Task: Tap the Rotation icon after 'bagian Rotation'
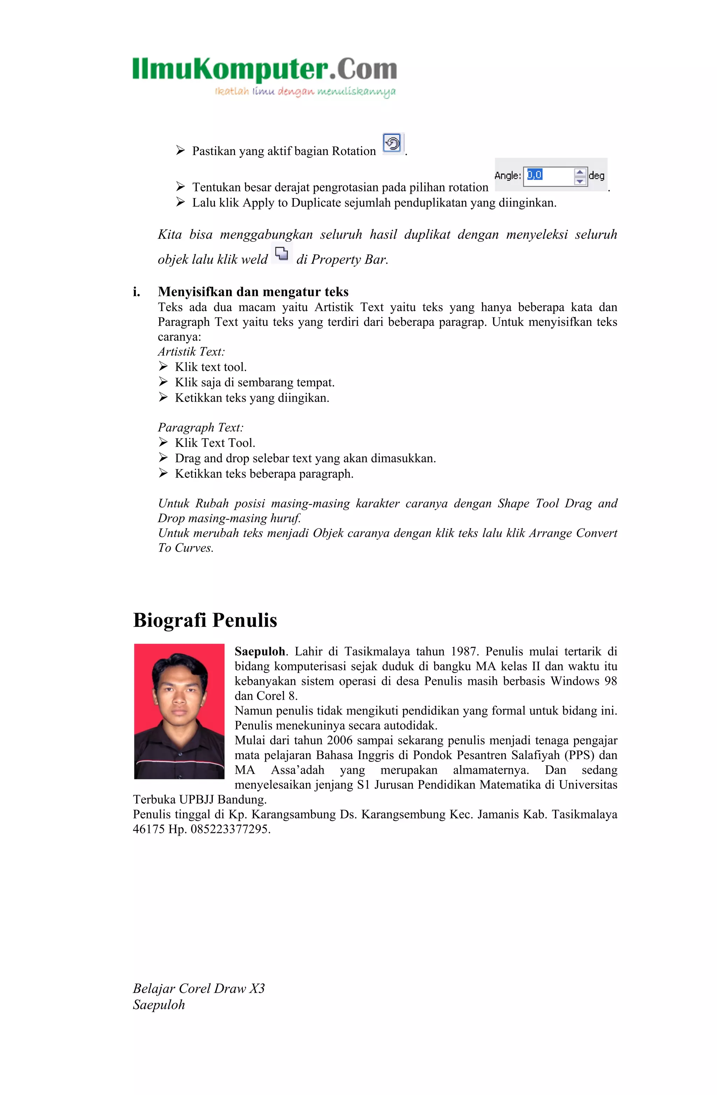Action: tap(392, 143)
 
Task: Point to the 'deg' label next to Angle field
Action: tap(597, 175)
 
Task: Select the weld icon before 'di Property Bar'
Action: tap(281, 253)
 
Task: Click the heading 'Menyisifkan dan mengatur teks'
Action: tap(253, 292)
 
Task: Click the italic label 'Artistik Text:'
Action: tap(192, 351)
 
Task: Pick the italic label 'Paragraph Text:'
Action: tap(201, 427)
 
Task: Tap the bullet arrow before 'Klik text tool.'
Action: tap(163, 366)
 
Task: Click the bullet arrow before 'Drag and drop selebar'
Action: tap(163, 457)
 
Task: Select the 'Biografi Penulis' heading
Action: tap(205, 620)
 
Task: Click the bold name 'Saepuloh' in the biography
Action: tap(259, 652)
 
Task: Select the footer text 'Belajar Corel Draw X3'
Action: tap(199, 988)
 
